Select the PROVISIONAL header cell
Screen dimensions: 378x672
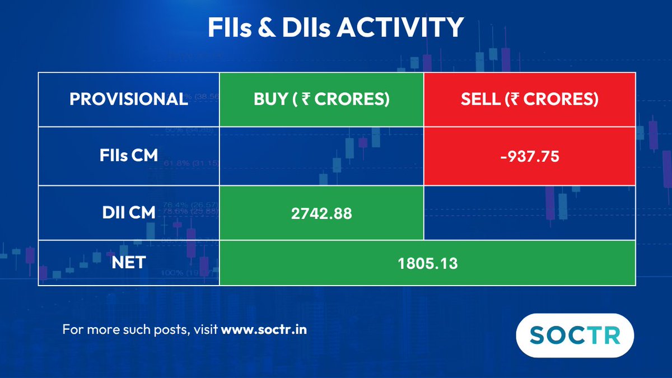pos(129,99)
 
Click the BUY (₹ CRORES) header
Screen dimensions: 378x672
pos(321,99)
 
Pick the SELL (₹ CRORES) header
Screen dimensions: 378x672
pos(529,99)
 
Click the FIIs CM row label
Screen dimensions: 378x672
pos(129,156)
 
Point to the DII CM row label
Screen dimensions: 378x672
pos(129,212)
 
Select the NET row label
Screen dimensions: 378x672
pos(129,262)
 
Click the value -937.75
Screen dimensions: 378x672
pos(529,157)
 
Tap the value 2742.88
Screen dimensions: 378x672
pos(321,213)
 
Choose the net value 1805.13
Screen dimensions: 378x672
pos(427,263)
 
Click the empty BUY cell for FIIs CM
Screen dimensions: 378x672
pos(321,156)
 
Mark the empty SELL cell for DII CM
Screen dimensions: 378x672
pos(529,212)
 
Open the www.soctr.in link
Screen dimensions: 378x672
pos(264,329)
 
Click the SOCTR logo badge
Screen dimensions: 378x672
pos(575,335)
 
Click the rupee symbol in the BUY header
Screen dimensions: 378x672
pos(305,99)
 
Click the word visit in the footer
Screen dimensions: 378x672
pos(206,329)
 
